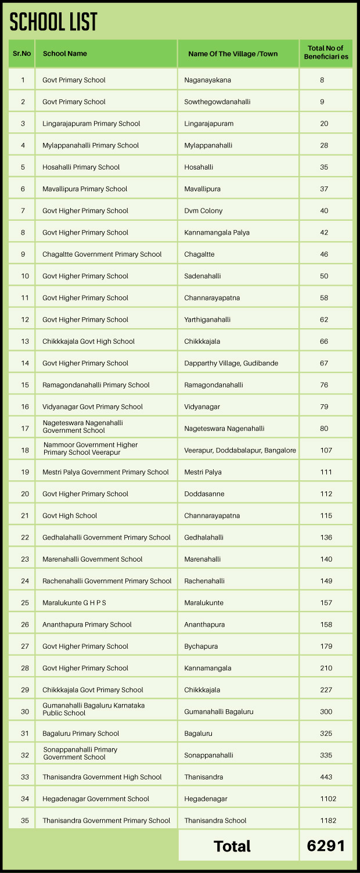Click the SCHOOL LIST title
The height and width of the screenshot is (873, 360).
click(53, 22)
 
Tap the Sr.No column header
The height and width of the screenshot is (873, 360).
click(22, 53)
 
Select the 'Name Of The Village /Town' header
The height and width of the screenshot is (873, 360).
click(233, 54)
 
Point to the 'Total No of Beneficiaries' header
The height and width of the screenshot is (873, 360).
click(326, 53)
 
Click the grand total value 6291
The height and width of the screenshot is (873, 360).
click(326, 846)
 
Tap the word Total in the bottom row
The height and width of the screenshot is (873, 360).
click(232, 846)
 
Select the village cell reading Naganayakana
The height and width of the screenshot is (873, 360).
click(208, 80)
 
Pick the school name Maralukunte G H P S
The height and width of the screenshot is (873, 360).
click(74, 603)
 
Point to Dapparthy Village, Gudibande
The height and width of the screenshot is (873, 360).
click(231, 363)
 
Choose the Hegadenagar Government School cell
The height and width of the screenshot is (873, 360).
click(96, 799)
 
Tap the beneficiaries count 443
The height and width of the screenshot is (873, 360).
click(326, 777)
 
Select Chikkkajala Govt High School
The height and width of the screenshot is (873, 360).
click(88, 342)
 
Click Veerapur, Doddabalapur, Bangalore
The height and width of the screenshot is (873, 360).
click(240, 450)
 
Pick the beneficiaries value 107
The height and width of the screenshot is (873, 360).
click(326, 450)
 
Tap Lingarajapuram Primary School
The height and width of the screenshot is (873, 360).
click(91, 124)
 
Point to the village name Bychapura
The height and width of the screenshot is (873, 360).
click(201, 646)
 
